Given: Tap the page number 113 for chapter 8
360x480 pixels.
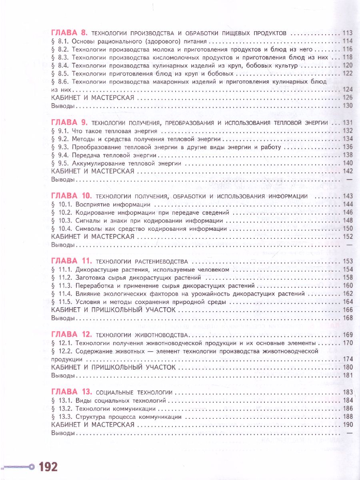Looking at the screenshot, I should point(348,33).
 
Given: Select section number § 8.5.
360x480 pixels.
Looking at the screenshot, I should point(61,74).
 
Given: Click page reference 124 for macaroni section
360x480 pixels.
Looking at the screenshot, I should point(348,90).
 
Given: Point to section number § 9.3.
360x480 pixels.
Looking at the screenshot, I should point(61,147).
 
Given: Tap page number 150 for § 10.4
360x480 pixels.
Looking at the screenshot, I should point(348,228).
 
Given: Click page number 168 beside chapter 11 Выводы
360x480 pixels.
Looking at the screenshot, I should point(348,318).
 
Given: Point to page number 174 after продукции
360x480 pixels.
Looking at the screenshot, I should point(348,359).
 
